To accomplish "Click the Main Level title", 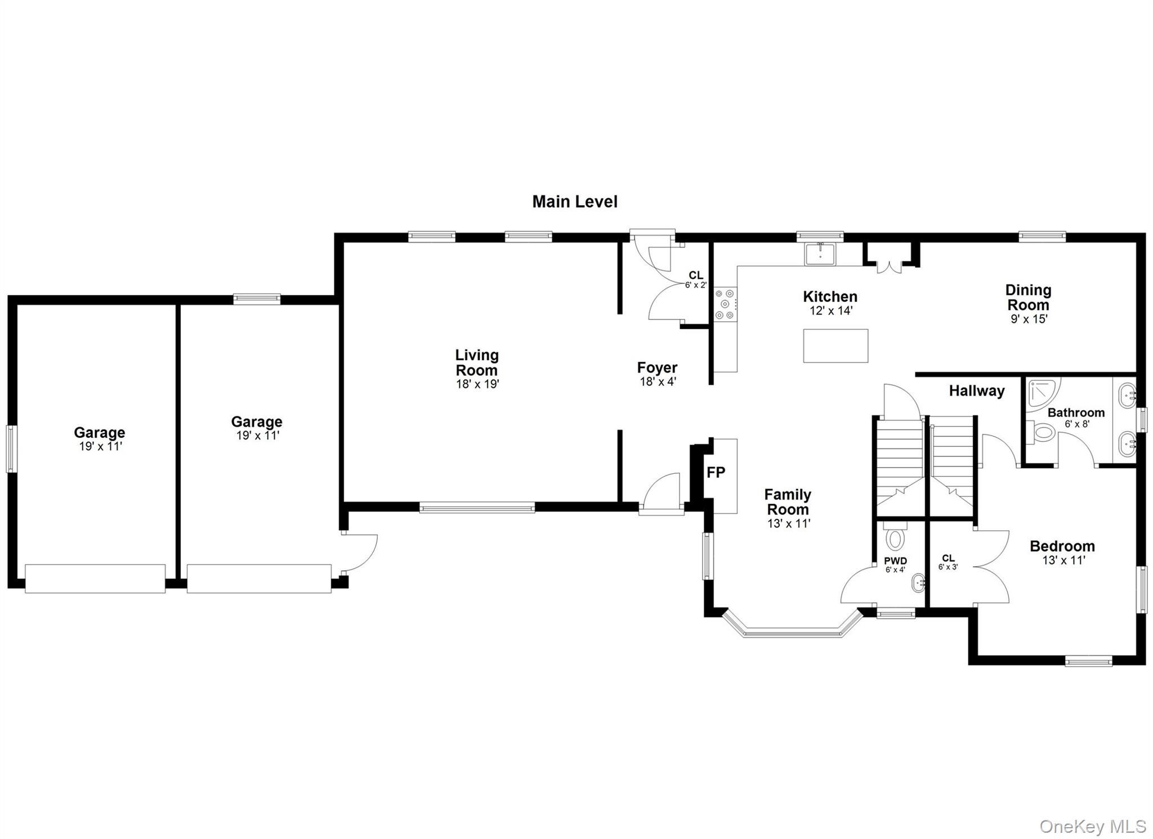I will click(575, 202).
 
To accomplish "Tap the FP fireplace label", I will click(716, 472).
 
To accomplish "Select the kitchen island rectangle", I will click(835, 345).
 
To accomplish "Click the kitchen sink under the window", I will click(820, 254).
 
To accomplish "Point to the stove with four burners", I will click(725, 304).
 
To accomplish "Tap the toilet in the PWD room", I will click(895, 536).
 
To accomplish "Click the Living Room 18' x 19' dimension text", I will click(477, 384).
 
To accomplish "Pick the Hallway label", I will click(977, 390).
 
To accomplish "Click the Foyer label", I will click(657, 367).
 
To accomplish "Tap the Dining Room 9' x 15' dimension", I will click(1029, 319).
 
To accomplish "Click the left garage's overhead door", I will click(95, 578).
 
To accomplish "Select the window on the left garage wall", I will click(11, 448).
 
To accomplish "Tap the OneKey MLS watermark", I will click(1092, 826).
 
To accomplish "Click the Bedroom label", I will click(1062, 545).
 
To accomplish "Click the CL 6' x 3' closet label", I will click(948, 562).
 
